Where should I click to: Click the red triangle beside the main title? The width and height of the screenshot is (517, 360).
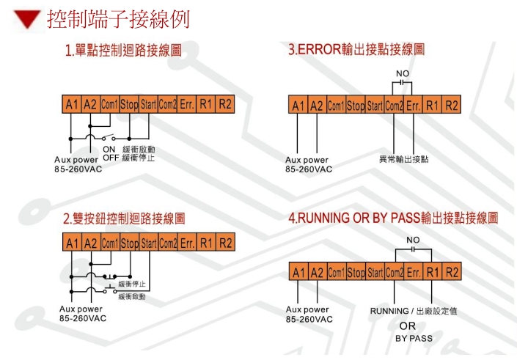coord(29,20)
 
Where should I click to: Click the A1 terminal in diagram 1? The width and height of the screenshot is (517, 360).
coord(70,104)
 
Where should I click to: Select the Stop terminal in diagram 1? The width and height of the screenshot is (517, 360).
coord(129,104)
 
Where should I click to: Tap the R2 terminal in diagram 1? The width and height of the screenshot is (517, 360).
coord(225,104)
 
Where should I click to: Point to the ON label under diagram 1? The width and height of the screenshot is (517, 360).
coord(110,150)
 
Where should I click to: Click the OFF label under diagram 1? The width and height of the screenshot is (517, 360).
coord(110,158)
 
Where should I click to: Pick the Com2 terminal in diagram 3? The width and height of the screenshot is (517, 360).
coord(394,106)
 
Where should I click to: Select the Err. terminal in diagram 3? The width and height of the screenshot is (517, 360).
coord(414,106)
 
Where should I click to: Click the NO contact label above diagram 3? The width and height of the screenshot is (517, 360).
coord(403,74)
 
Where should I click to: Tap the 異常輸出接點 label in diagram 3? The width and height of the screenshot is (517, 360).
coord(404,159)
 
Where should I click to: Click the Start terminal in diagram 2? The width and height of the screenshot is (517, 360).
coord(149,243)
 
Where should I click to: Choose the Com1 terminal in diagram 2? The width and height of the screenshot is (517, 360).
coord(110,243)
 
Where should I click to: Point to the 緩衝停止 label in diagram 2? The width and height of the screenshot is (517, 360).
coord(132,284)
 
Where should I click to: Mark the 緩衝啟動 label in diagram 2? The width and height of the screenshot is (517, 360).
coord(132,296)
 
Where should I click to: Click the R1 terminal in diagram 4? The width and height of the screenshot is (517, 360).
coord(433,272)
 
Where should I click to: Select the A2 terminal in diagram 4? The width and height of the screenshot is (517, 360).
coord(317,272)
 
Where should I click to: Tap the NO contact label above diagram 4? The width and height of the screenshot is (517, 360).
coord(414,240)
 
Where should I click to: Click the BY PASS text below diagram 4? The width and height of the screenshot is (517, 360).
coord(414,339)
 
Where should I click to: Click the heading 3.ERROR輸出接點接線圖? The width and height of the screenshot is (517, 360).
coord(356,50)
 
